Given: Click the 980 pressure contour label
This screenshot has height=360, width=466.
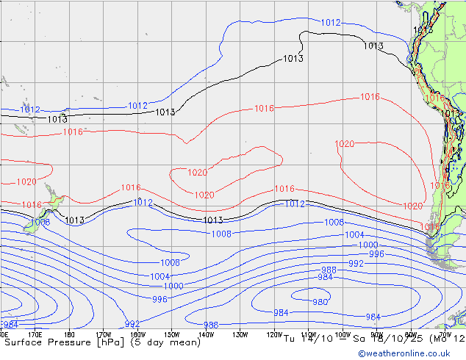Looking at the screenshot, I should click(320, 302).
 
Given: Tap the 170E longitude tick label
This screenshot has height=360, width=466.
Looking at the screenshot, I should click(35, 335).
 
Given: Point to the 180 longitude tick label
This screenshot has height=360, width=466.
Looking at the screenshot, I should click(70, 335).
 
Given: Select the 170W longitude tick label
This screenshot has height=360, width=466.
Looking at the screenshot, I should click(104, 335).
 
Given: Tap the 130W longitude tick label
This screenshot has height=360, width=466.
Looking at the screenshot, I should click(240, 335).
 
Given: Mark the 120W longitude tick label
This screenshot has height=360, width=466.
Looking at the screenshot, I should click(273, 335).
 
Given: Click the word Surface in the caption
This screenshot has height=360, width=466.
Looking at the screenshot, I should click(25, 342).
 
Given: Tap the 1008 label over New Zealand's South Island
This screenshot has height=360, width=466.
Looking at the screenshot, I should click(40, 222).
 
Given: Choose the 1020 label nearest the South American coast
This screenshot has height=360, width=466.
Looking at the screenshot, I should click(413, 206).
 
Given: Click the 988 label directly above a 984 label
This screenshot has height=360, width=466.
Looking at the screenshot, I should click(329, 270).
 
